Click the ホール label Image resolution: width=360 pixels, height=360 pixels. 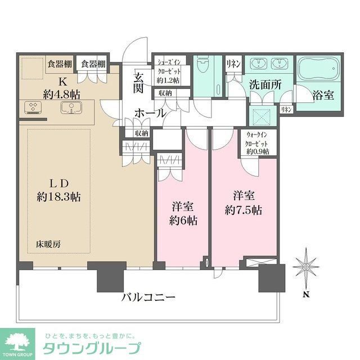click(x=150, y=113)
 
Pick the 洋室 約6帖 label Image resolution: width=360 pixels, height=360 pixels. click(x=184, y=213)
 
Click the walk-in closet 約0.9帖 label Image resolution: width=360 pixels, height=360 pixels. click(x=258, y=143)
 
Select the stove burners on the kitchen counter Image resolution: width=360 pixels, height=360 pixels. click(x=32, y=106)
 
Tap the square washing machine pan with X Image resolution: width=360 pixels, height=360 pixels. click(x=262, y=115)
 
